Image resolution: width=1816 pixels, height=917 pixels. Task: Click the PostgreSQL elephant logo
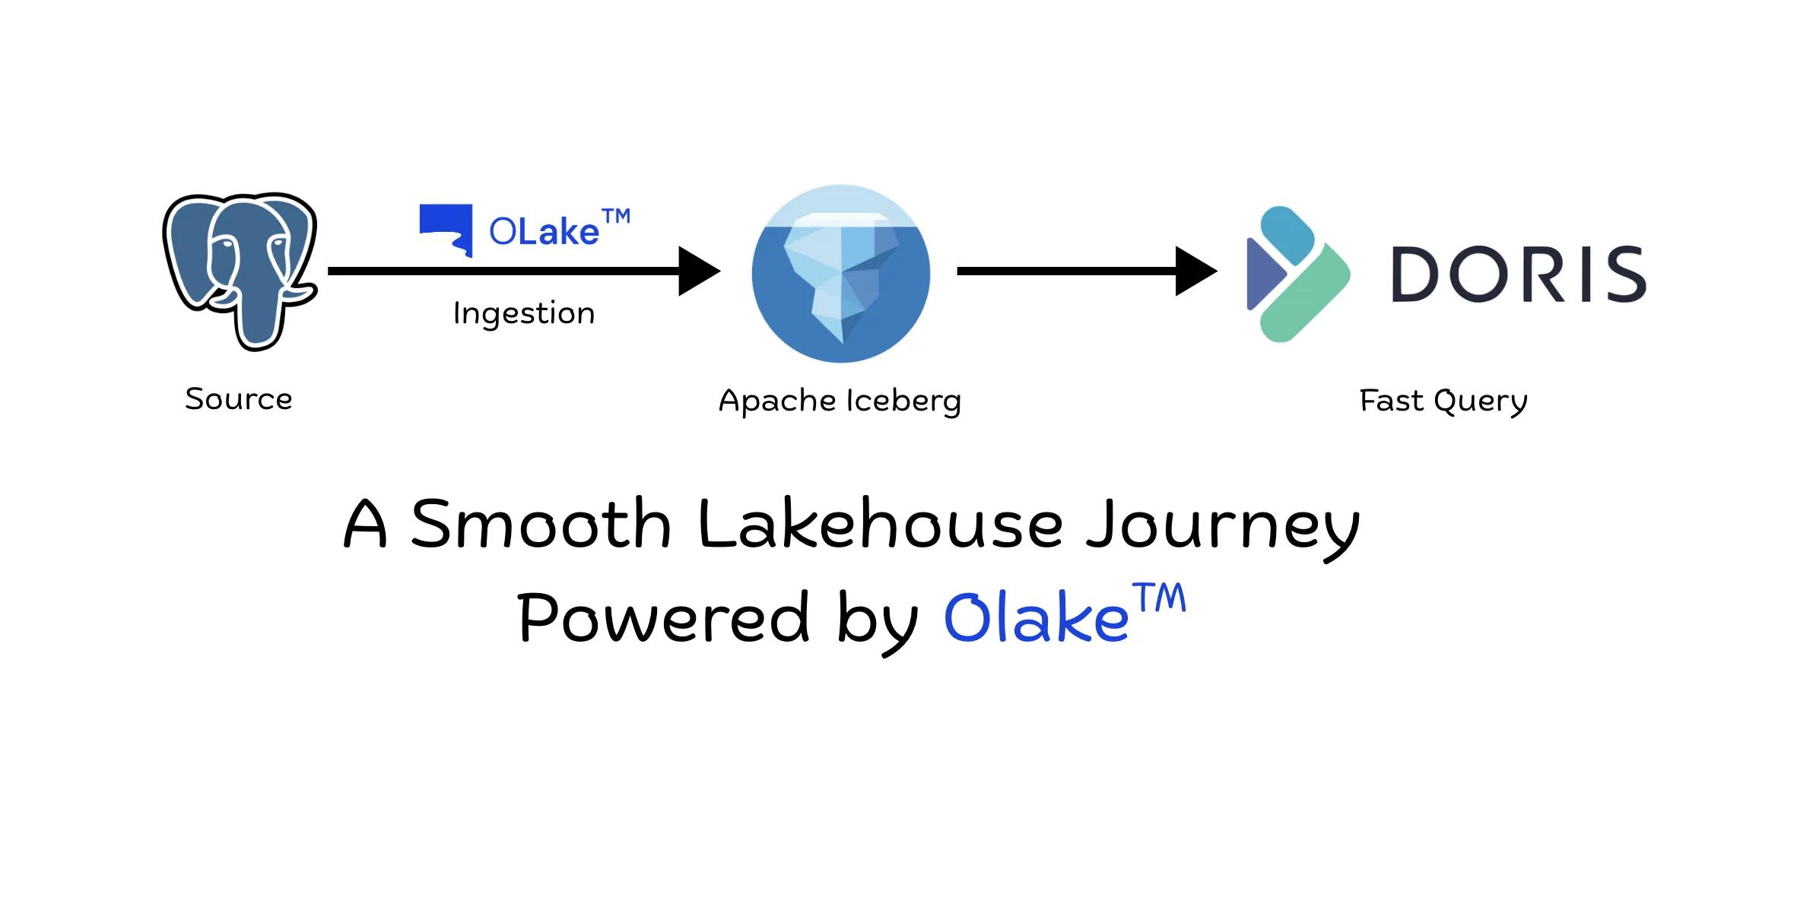coord(239,269)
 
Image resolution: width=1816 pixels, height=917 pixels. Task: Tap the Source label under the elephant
coord(239,399)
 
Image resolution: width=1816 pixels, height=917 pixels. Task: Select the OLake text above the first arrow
coord(544,231)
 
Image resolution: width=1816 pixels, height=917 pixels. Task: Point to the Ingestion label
coord(524,313)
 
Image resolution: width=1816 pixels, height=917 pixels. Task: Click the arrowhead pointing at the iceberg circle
coord(698,271)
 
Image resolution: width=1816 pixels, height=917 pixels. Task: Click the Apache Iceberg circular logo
coord(840,274)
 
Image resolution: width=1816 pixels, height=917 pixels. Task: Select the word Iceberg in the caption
coord(904,401)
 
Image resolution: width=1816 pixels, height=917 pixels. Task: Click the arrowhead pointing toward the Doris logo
coord(1195,271)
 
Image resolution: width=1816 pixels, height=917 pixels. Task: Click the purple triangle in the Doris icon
coord(1262,274)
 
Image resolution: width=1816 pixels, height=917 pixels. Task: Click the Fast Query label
coord(1443,401)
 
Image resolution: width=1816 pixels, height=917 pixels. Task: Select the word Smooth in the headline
coord(541,525)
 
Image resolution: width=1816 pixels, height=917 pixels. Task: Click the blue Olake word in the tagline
coord(1036,617)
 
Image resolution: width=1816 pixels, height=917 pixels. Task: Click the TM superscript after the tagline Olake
coord(1159,598)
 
